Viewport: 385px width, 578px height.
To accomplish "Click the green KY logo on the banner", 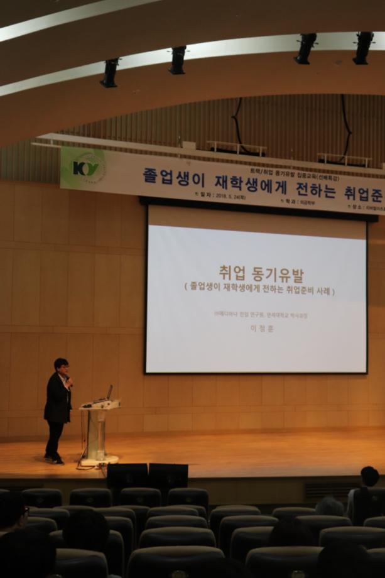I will pos(87,168).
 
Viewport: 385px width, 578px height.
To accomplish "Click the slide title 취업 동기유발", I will pos(261,274).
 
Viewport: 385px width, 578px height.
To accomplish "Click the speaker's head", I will pos(61,365).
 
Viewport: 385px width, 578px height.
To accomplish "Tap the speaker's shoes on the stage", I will pos(53,459).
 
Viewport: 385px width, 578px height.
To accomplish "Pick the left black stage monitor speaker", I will pos(127,476).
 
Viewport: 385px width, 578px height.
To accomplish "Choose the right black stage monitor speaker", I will pos(168,476).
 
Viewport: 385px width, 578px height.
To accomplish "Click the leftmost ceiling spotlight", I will pos(110,72).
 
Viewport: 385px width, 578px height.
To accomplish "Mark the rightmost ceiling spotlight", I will pos(362,48).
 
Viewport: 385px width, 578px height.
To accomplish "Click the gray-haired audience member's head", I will pos(330,506).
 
